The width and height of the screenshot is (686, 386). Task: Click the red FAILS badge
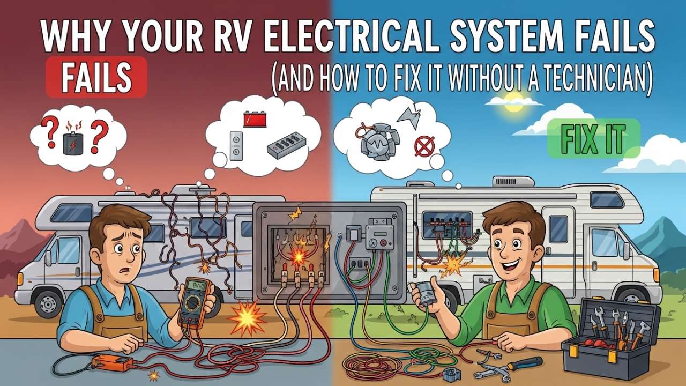(96, 78)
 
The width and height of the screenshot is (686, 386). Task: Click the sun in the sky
(513, 102)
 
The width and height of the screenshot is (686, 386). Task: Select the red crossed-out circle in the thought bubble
(424, 145)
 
